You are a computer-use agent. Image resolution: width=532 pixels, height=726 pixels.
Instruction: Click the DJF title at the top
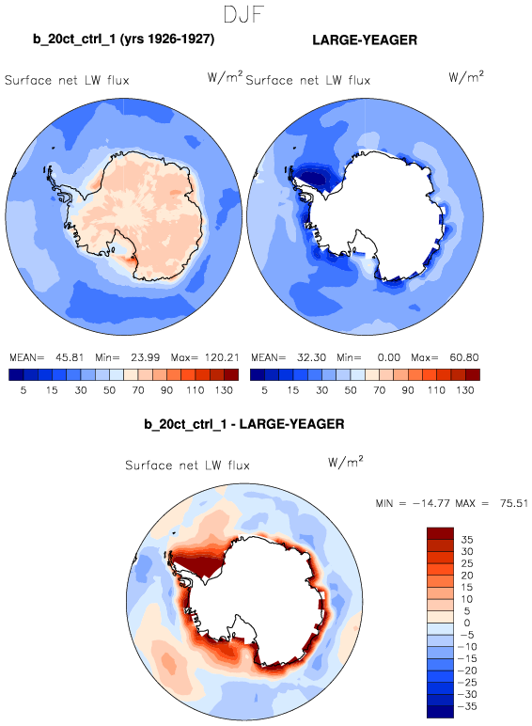[243, 14]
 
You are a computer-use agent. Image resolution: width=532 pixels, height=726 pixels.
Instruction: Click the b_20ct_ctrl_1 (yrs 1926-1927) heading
[123, 39]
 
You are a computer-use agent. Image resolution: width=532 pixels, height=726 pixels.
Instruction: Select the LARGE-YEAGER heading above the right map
[365, 39]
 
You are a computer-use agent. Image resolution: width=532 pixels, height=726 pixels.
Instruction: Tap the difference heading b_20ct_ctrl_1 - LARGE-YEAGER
[244, 424]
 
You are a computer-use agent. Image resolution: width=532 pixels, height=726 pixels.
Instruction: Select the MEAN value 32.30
[311, 357]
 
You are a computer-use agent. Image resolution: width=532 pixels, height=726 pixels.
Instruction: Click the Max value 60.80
[464, 357]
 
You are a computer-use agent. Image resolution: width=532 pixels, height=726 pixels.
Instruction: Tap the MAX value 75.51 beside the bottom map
[514, 503]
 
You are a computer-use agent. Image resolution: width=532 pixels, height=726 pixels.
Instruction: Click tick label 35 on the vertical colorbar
[467, 540]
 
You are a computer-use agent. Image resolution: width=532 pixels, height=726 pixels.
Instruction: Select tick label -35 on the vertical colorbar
[467, 706]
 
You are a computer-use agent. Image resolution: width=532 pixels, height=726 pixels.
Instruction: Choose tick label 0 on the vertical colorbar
[467, 623]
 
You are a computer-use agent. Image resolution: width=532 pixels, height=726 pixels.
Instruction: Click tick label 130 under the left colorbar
[224, 390]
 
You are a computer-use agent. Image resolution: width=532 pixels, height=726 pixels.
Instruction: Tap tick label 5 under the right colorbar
[264, 390]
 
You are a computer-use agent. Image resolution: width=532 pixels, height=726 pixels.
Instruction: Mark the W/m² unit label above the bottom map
[345, 462]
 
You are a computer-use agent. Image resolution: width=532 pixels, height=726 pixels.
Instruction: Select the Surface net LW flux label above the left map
[67, 80]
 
